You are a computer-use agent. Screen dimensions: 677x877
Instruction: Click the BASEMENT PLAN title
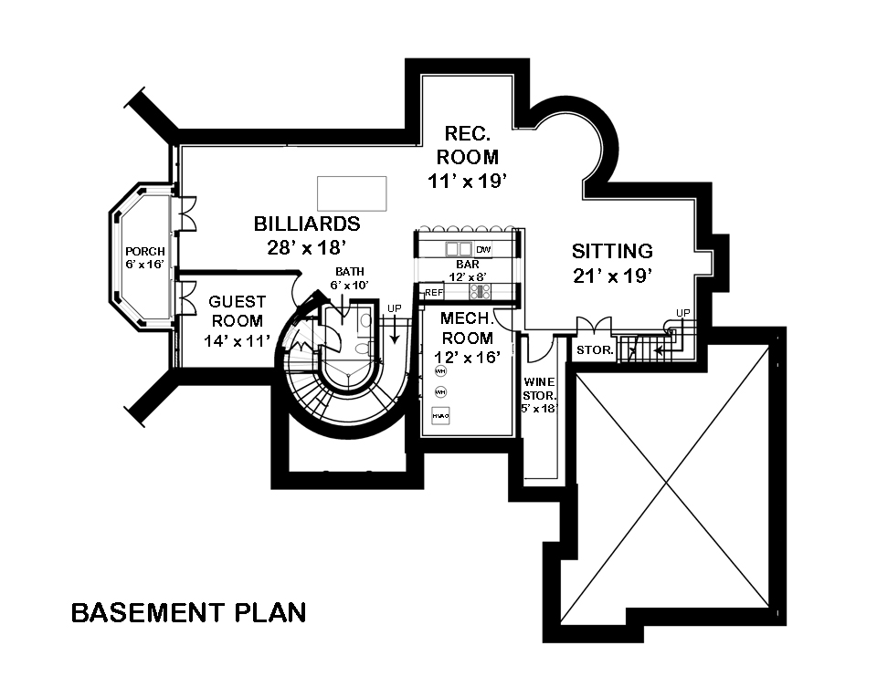point(188,612)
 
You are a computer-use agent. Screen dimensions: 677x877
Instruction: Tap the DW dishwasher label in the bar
point(483,249)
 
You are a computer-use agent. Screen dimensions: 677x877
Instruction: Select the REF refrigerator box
point(434,292)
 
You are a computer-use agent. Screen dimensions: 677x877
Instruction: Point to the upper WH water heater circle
point(440,371)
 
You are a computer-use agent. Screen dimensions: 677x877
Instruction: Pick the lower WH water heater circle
point(440,391)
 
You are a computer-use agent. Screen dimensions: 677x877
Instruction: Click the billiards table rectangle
point(351,193)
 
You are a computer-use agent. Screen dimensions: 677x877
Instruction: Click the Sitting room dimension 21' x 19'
point(612,276)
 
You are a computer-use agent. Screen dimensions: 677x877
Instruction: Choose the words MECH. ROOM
point(467,328)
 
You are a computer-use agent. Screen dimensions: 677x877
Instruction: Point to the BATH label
point(349,272)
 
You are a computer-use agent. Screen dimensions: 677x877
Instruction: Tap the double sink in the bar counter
point(459,249)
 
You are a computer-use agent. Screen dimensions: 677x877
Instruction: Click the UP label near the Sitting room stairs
point(682,313)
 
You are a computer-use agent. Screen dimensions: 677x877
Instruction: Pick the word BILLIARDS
point(307,224)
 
